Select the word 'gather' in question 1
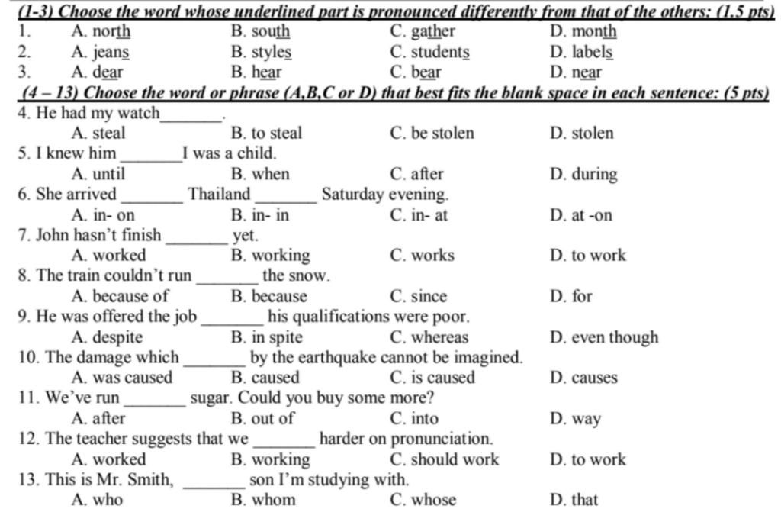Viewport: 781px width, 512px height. coord(432,32)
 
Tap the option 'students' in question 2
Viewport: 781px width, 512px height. coord(440,53)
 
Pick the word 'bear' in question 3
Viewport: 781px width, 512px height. coord(426,73)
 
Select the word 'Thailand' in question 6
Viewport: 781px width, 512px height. coord(220,195)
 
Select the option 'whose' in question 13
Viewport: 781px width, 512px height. coord(433,500)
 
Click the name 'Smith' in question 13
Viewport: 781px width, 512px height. coord(153,480)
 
